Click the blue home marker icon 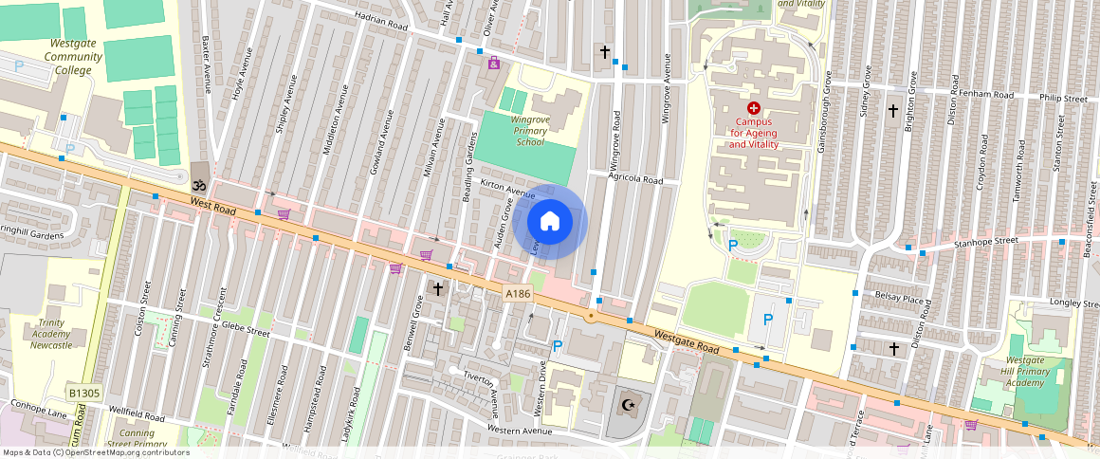[550, 222]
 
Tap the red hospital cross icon [754, 109]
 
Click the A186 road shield [518, 295]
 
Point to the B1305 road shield [84, 391]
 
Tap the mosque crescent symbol [626, 405]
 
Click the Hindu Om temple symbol [198, 187]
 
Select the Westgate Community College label [73, 57]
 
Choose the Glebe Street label [246, 332]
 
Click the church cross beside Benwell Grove [437, 287]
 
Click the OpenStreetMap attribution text [96, 452]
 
